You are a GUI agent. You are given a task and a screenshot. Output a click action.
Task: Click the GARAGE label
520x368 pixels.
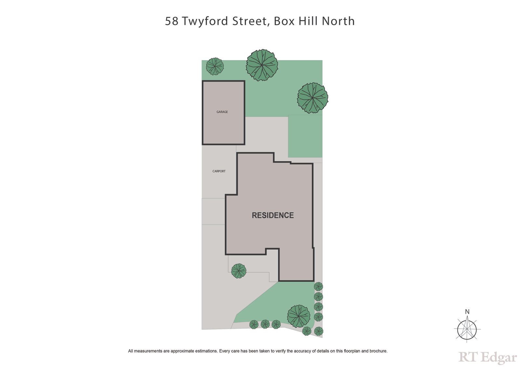(x=222, y=112)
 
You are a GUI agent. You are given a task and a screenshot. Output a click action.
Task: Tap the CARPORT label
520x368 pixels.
(x=219, y=171)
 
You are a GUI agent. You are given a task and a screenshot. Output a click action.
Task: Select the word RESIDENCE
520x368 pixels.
(x=273, y=215)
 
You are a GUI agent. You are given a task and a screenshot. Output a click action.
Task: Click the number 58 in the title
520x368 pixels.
(x=172, y=21)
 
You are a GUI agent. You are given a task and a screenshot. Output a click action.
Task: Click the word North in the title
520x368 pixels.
(x=338, y=21)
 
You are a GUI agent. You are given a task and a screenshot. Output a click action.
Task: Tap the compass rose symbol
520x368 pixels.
(x=467, y=330)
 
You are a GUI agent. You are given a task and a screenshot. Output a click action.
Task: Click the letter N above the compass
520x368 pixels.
(x=467, y=312)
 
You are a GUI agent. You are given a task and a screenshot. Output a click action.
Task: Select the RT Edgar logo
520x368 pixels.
(x=487, y=357)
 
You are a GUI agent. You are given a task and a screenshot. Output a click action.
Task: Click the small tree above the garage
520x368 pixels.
(x=215, y=66)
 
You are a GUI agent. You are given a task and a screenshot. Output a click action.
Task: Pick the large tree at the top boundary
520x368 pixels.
(x=262, y=65)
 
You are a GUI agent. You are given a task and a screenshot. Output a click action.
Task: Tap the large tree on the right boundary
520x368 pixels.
(x=312, y=98)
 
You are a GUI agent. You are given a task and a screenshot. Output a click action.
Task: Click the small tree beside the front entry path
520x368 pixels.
(x=239, y=271)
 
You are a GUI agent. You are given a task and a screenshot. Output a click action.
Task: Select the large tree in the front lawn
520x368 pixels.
(x=298, y=316)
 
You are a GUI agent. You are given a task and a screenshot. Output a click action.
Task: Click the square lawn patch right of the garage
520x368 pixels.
(x=305, y=136)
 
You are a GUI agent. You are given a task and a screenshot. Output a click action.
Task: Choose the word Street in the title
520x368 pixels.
(x=250, y=21)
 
